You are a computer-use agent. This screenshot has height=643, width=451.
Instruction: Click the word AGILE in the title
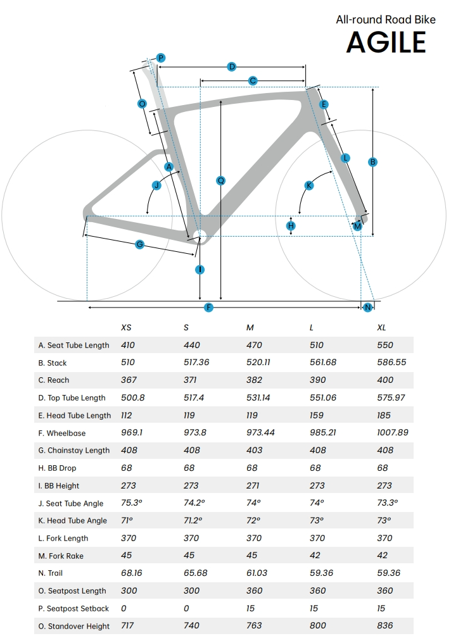386,42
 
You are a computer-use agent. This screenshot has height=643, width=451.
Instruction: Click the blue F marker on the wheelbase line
208,308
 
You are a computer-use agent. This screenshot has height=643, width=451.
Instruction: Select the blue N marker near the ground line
367,308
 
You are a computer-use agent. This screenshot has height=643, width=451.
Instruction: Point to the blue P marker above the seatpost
161,58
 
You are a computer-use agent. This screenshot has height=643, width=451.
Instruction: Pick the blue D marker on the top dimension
232,66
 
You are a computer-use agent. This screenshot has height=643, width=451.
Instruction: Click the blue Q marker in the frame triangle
220,180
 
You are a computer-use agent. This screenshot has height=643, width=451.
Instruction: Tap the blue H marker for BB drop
291,225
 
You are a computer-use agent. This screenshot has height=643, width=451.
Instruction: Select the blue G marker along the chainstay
139,244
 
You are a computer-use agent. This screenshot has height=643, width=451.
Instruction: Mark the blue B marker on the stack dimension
372,162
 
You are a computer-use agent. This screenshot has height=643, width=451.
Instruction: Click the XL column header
382,327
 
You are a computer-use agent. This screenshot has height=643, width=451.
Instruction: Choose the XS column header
127,327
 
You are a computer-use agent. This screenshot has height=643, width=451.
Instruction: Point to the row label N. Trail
51,573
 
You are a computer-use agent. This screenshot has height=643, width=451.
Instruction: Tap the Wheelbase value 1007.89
393,433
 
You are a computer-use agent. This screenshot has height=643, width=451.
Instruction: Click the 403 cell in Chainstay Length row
254,450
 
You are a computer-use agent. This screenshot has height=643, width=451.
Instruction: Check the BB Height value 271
253,485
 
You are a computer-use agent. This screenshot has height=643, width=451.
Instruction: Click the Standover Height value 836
385,625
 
